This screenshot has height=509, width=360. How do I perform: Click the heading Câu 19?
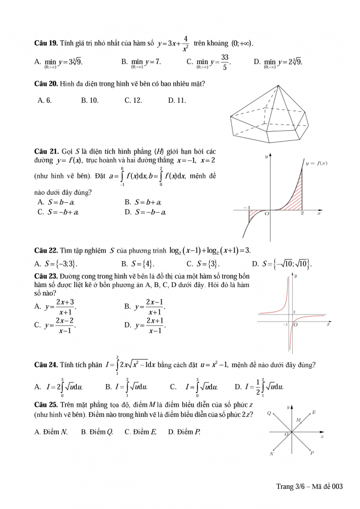46,43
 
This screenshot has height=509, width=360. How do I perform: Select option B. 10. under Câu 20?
89,100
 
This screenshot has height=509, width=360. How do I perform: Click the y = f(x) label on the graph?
316,163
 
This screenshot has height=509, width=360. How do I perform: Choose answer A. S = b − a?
56,202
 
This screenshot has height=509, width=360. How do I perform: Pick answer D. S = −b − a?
146,212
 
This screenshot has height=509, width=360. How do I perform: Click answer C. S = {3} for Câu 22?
203,264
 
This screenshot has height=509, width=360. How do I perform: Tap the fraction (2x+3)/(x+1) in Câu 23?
65,307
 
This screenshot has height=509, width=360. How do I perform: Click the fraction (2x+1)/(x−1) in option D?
155,325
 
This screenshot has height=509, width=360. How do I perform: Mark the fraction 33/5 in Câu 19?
224,62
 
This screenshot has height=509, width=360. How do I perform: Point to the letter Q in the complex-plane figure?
269,413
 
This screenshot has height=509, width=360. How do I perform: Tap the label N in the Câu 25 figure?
272,453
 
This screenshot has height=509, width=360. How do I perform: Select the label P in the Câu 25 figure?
312,453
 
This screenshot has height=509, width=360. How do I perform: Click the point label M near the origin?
298,420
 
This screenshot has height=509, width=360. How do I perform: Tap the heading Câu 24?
46,364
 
